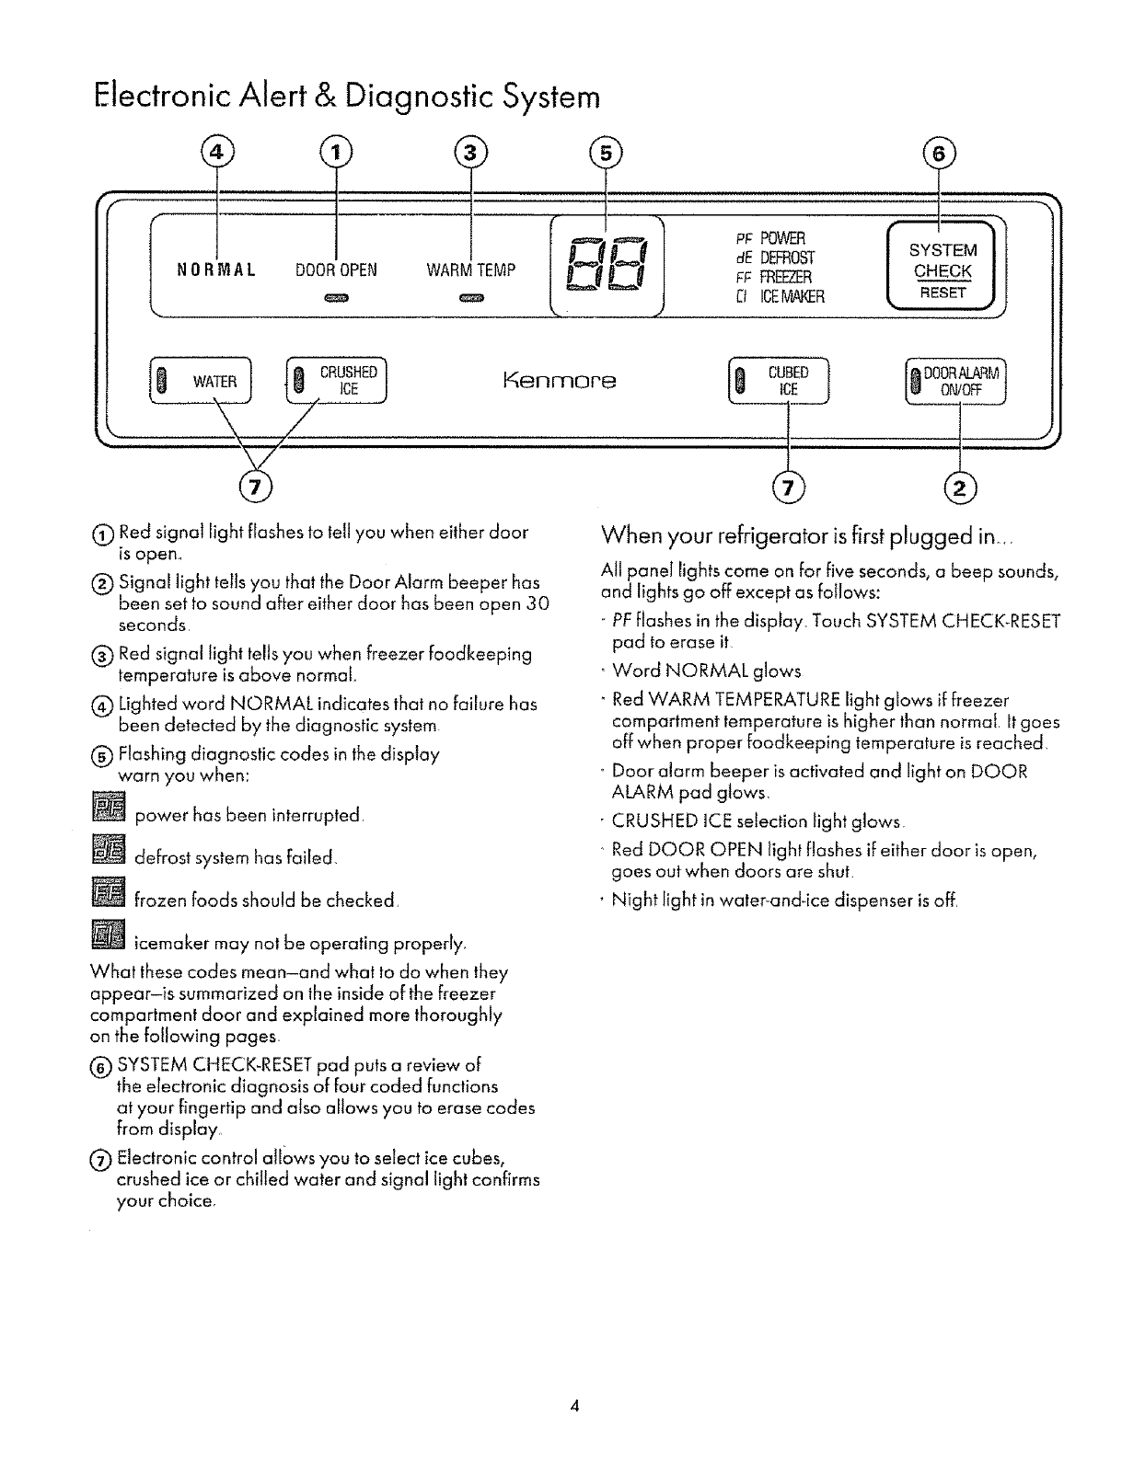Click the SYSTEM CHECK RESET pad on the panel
pyautogui.click(x=941, y=270)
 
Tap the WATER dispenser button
pyautogui.click(x=205, y=381)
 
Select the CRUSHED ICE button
pyautogui.click(x=337, y=381)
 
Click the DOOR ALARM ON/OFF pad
pyautogui.click(x=957, y=379)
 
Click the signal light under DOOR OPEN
pyautogui.click(x=336, y=299)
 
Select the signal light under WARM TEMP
pyautogui.click(x=471, y=299)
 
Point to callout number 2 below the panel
pyautogui.click(x=959, y=487)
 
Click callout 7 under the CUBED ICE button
pyautogui.click(x=789, y=487)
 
